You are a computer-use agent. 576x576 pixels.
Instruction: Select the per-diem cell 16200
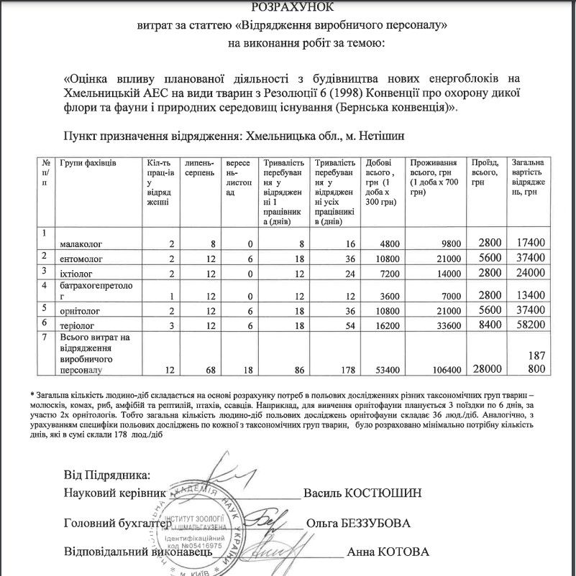(x=382, y=325)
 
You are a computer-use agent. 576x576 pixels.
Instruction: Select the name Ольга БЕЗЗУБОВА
(x=357, y=523)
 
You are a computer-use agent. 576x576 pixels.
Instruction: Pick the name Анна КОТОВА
(x=388, y=552)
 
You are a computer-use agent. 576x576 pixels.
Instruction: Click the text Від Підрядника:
(x=108, y=475)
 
